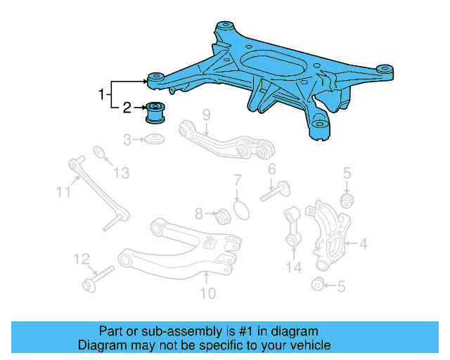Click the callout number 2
(127, 108)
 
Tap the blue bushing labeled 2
(155, 112)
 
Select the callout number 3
(127, 140)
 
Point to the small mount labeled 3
(154, 138)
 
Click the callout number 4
(364, 245)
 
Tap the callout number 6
(271, 169)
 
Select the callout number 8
(199, 212)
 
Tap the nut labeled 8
(219, 214)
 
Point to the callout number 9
(207, 115)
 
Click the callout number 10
(208, 293)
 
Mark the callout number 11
(64, 190)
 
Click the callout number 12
(82, 259)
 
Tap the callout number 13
(122, 172)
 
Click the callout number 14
(293, 267)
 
